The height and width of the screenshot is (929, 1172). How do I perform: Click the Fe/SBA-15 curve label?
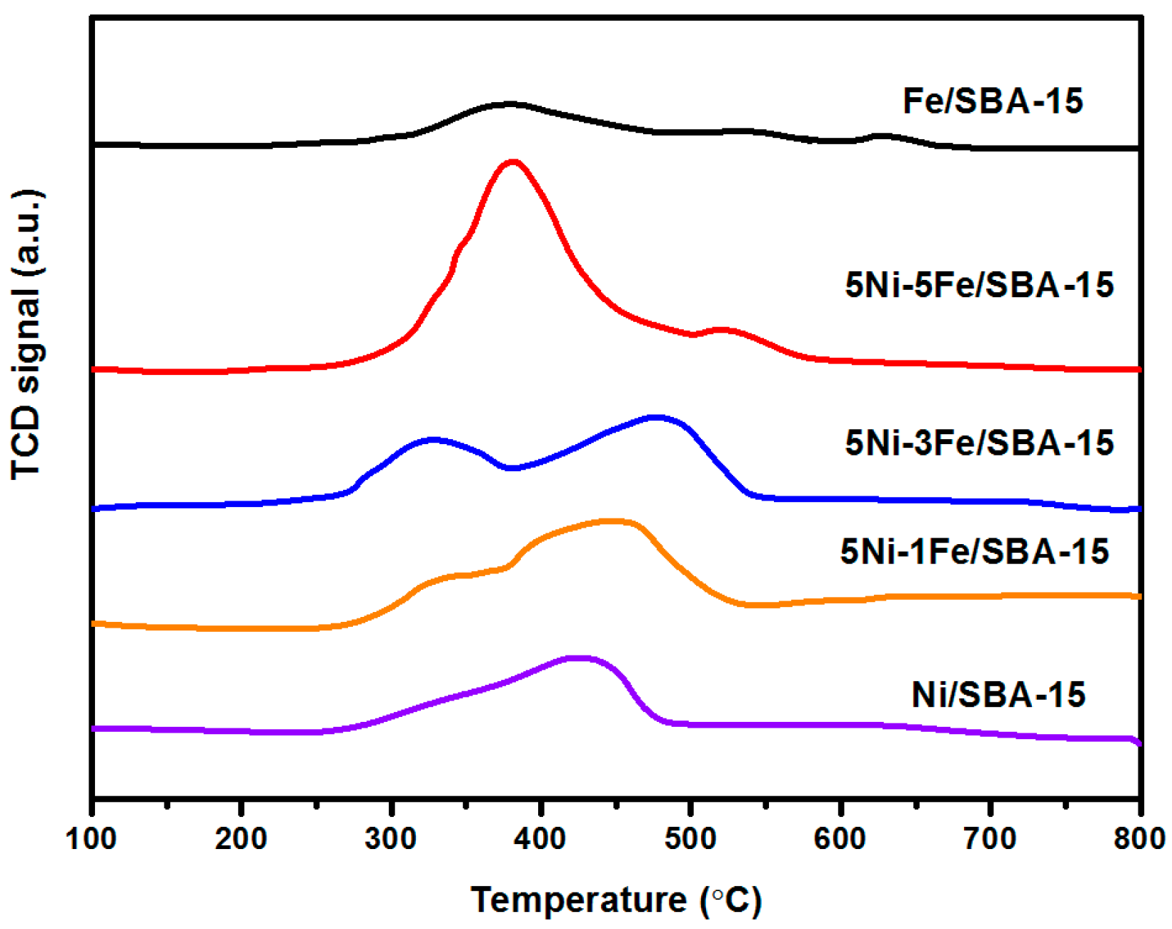coord(993,101)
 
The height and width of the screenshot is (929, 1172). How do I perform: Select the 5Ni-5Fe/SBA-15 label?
coord(979,286)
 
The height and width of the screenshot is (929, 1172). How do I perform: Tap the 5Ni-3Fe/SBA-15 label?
coord(979,443)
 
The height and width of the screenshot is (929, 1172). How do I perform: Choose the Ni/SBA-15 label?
coord(998,695)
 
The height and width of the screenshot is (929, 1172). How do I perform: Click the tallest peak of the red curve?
coord(512,162)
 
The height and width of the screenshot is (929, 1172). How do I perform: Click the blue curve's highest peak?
coord(655,416)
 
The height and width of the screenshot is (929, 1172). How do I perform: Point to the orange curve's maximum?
coord(609,521)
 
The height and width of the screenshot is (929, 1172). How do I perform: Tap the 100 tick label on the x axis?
coord(91,839)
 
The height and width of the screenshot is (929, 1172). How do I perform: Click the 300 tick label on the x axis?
coord(391,839)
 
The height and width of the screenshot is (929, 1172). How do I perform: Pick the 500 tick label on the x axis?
coord(690,839)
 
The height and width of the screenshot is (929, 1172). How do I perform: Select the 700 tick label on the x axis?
coord(990,839)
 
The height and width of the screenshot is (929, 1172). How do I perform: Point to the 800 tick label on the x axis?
coord(1139,839)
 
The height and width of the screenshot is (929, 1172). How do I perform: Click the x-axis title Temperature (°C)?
coord(616,900)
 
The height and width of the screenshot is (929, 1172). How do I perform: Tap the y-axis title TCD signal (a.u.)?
coord(27,334)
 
